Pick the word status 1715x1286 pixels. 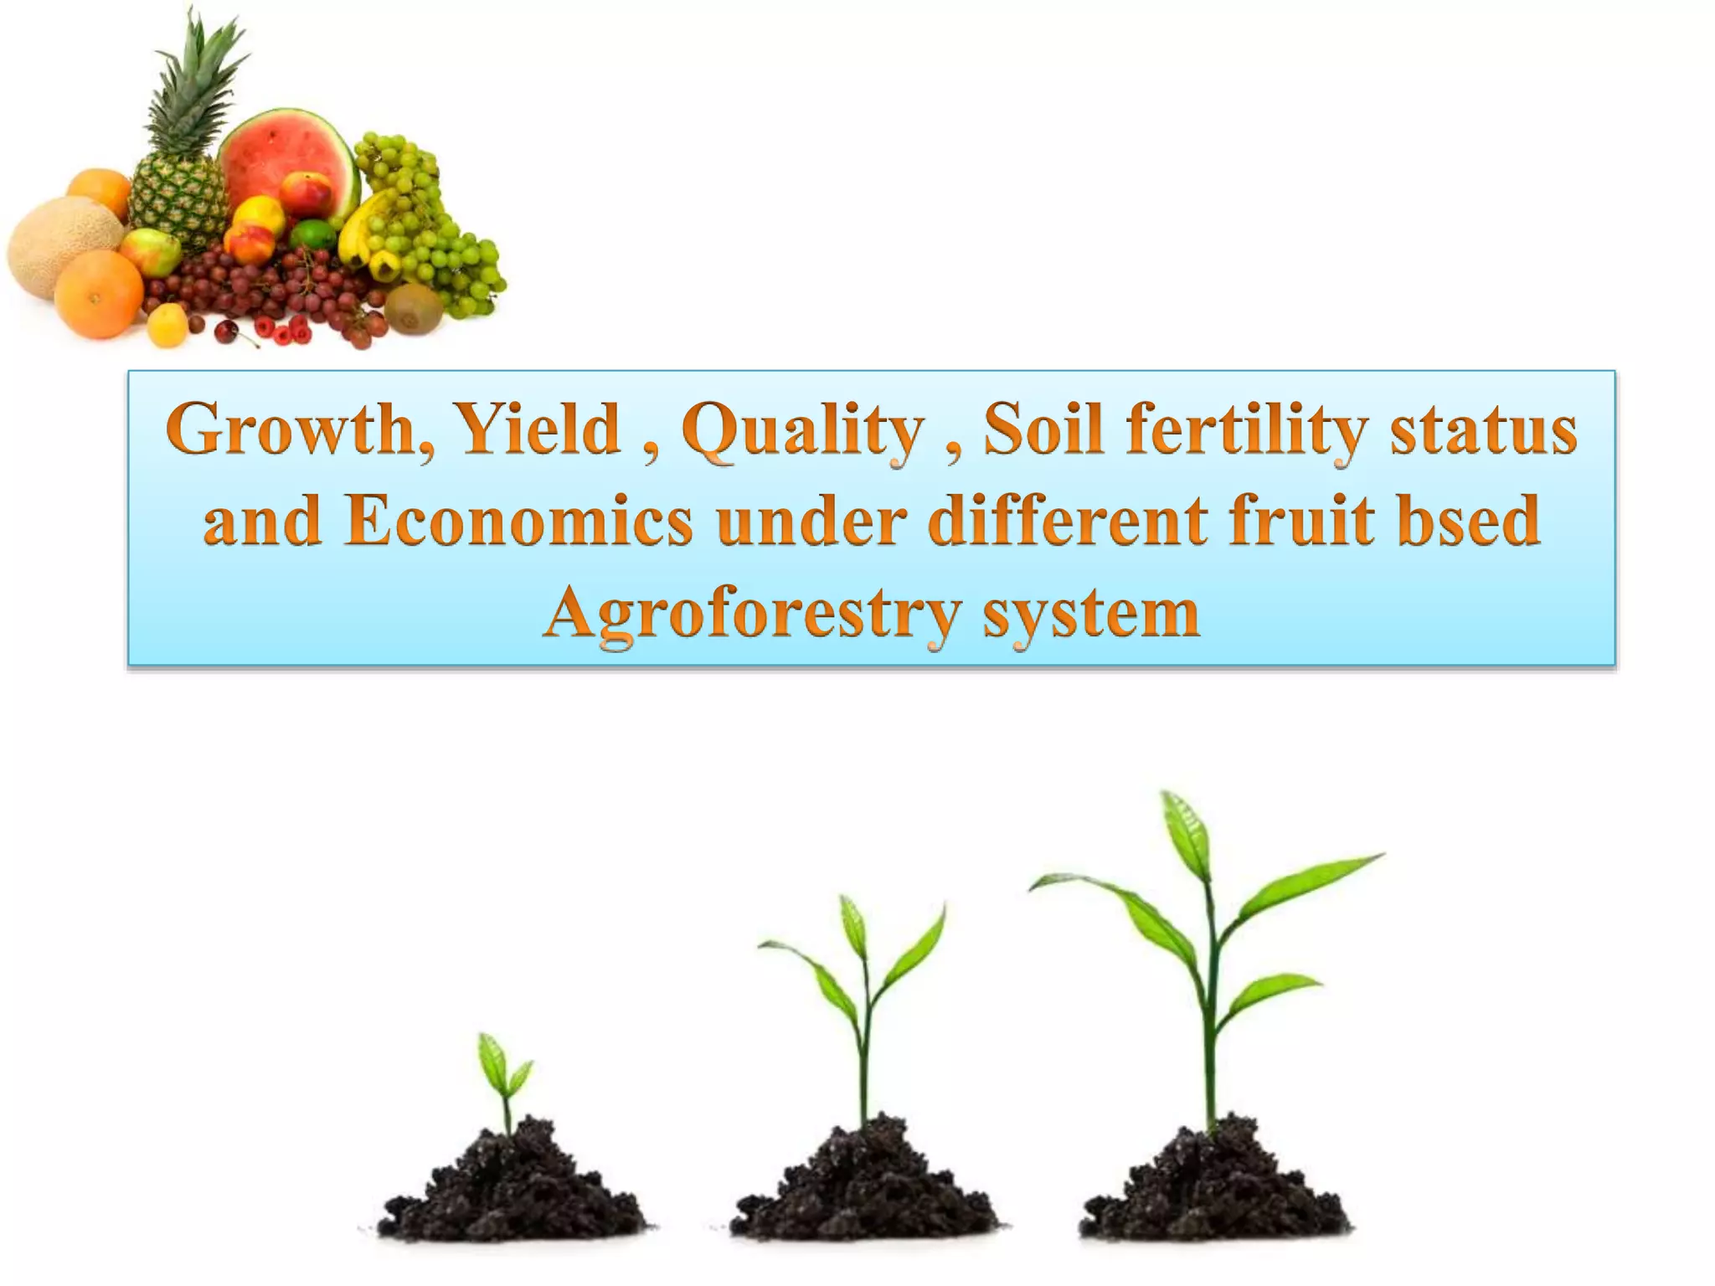[x=1483, y=430]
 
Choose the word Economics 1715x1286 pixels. [x=518, y=521]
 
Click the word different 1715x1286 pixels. [x=1069, y=521]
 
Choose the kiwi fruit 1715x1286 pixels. [x=414, y=309]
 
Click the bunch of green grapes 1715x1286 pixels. [x=427, y=226]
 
